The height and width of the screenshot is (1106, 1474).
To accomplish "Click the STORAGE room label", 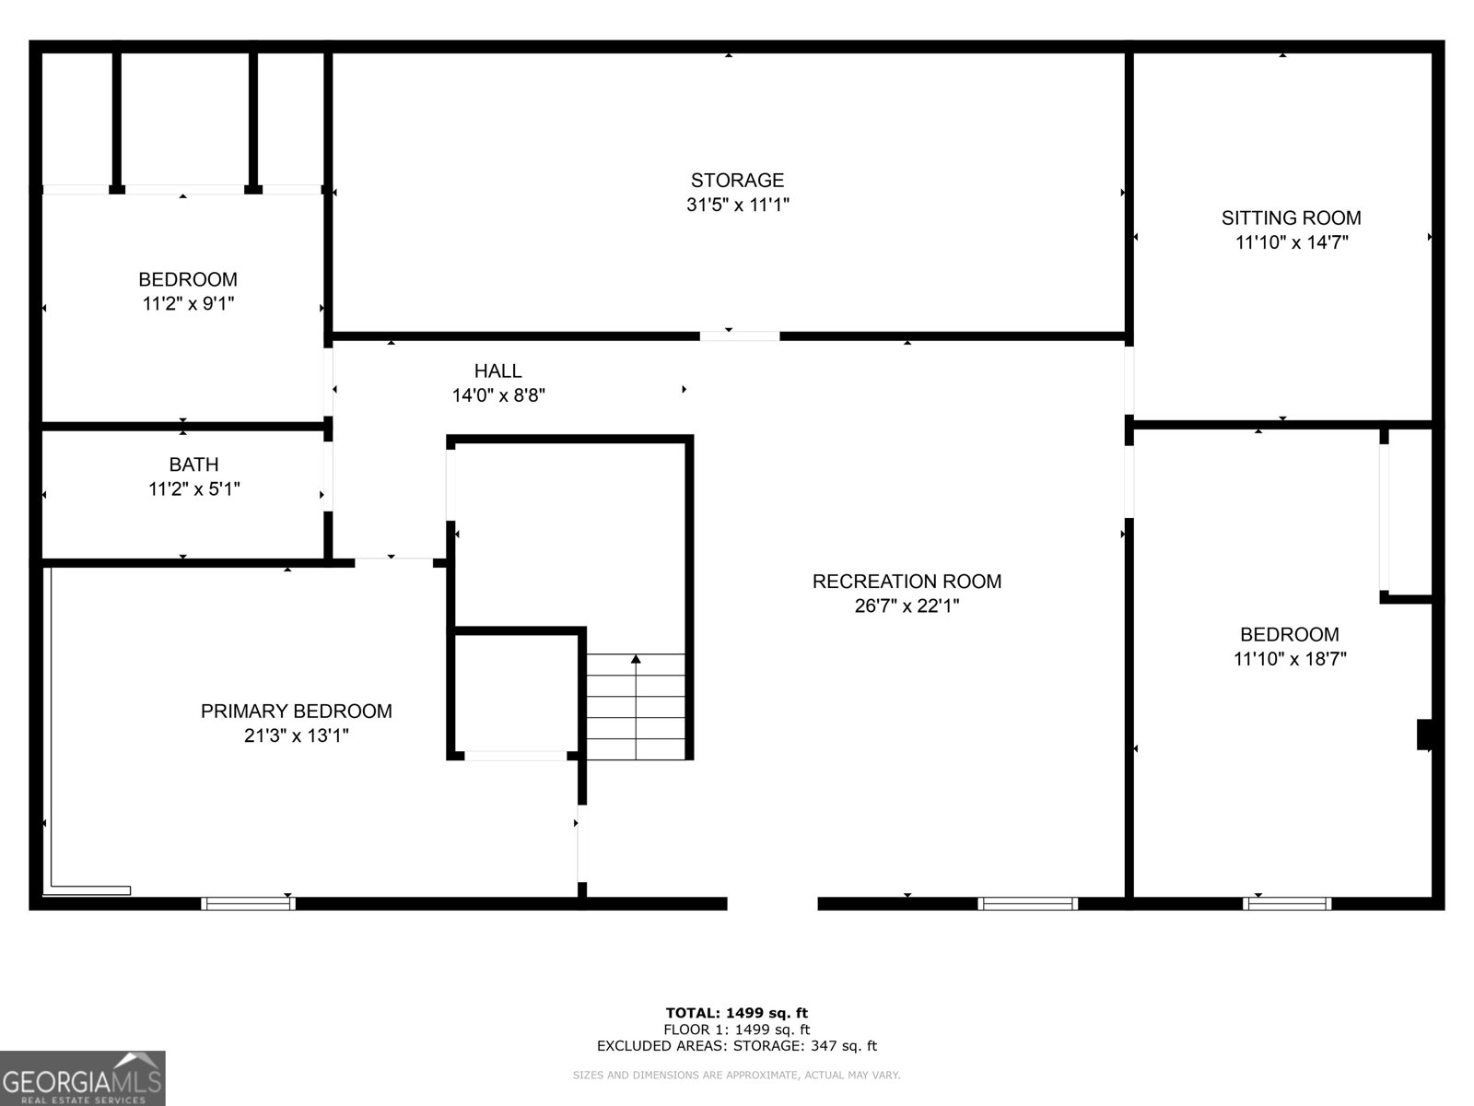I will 737,181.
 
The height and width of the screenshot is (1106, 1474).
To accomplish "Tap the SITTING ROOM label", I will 1291,218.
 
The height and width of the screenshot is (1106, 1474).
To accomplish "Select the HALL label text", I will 497,371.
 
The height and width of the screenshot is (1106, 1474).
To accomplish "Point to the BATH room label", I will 193,465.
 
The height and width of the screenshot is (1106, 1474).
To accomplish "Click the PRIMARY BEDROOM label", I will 296,712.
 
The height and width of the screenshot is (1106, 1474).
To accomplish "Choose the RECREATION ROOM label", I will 907,582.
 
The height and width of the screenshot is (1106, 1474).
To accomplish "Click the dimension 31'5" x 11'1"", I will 737,205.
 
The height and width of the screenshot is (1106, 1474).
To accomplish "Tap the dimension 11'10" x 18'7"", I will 1290,659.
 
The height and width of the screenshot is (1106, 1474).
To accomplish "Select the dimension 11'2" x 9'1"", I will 188,303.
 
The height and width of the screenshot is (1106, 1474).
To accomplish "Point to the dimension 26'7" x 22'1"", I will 907,606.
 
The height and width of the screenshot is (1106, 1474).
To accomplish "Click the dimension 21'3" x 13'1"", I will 296,735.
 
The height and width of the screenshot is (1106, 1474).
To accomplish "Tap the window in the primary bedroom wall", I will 248,903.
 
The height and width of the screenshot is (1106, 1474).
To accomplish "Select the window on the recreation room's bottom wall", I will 1027,903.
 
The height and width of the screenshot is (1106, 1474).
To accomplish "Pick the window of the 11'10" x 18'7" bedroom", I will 1286,903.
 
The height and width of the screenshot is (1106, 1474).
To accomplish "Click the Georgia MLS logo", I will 82,1078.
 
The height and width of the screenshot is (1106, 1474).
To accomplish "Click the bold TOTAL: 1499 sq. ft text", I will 736,1013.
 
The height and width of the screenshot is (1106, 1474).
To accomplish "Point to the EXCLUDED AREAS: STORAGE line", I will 736,1046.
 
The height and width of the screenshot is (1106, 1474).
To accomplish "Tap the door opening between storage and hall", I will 739,336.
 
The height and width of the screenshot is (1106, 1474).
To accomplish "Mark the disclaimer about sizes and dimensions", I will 736,1075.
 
